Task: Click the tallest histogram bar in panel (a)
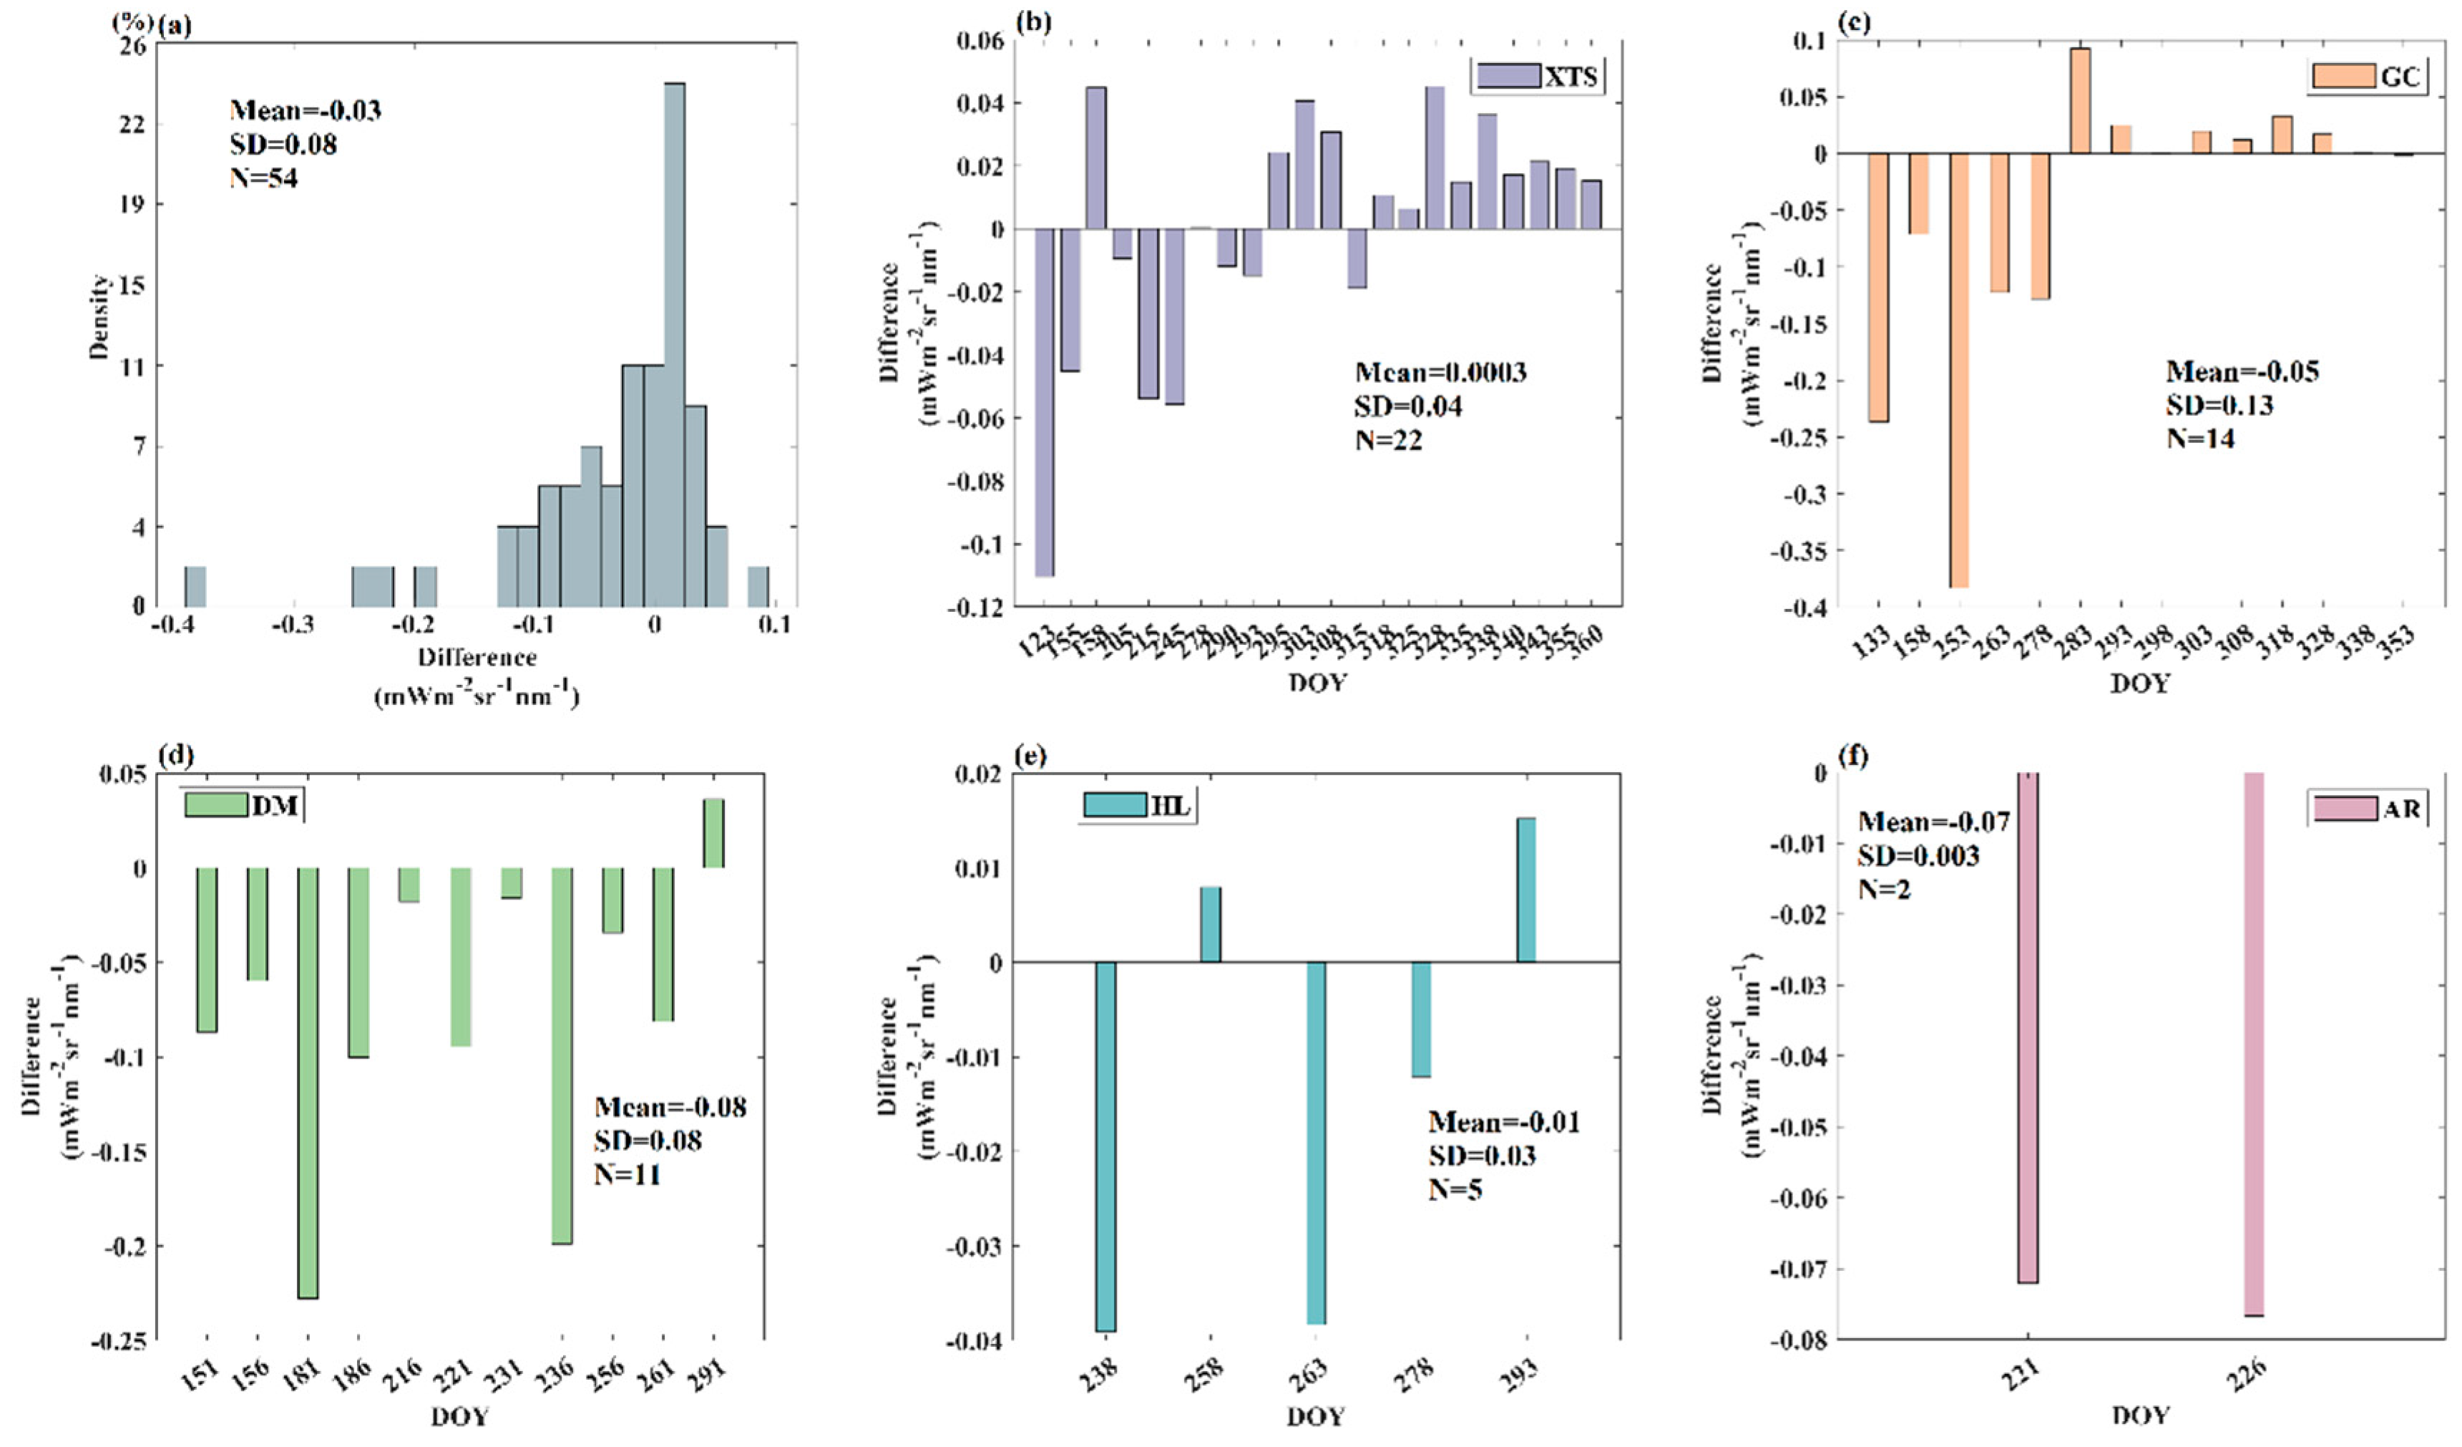coord(674,342)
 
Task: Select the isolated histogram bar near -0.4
coord(195,586)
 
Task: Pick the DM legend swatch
coord(216,804)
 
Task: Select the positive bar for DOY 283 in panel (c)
coord(2080,102)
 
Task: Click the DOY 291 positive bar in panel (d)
coord(714,834)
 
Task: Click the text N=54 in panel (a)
coord(264,177)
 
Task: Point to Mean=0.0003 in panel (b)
coord(1440,372)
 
